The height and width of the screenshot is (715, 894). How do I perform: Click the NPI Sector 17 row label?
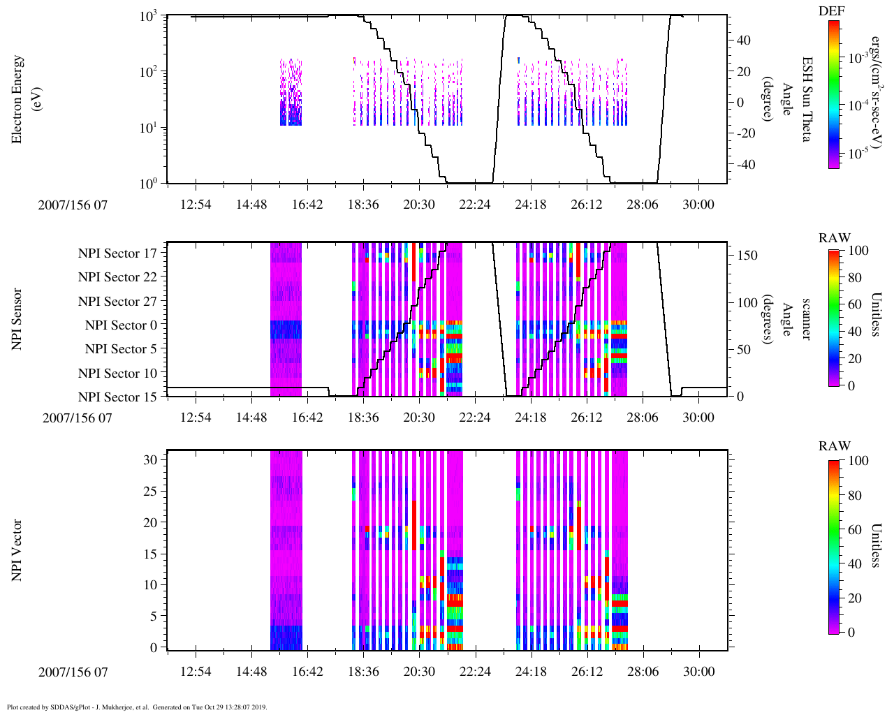(x=117, y=253)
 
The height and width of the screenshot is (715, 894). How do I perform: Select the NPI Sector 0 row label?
(x=121, y=325)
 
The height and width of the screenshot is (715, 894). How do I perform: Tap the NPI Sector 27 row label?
(x=117, y=302)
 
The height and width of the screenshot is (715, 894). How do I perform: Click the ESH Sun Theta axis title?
(x=806, y=99)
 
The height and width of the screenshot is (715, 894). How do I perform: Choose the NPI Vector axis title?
(x=17, y=550)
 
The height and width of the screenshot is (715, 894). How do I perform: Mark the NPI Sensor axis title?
(x=17, y=319)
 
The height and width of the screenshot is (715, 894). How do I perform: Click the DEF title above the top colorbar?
(x=832, y=11)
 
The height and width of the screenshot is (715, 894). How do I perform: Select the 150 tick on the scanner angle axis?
(x=747, y=256)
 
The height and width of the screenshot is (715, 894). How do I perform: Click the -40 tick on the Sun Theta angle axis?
(x=745, y=165)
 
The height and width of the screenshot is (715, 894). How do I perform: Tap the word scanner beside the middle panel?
(x=806, y=319)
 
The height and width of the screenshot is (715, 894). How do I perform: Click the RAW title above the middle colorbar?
(x=835, y=238)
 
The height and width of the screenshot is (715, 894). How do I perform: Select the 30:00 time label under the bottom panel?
(x=698, y=672)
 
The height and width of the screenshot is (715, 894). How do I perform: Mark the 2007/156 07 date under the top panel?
(x=73, y=205)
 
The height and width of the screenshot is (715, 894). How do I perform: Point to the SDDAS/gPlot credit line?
(x=137, y=707)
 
